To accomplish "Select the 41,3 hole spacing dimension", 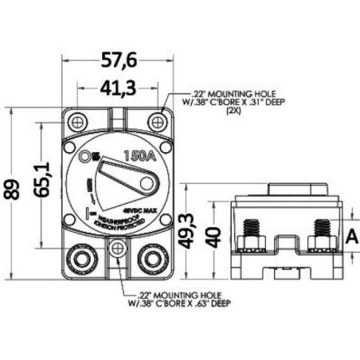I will tap(119, 85).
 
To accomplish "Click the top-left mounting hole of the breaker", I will tap(78, 121).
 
